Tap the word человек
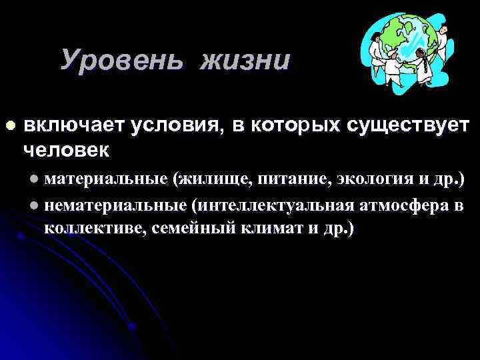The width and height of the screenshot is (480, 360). click(67, 149)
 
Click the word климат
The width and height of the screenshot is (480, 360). click(263, 229)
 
